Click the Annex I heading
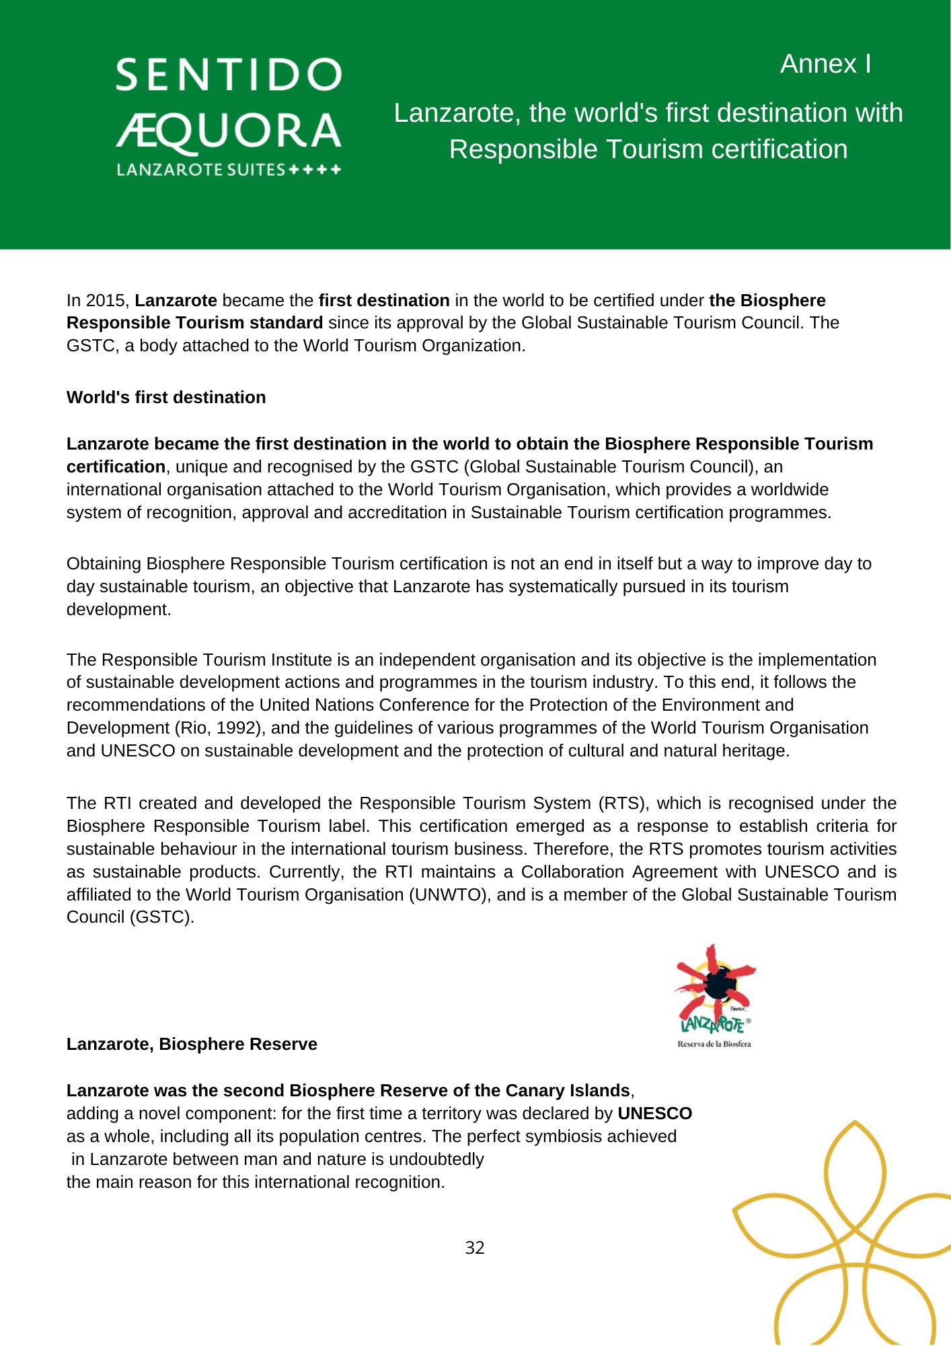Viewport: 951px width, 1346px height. click(x=825, y=64)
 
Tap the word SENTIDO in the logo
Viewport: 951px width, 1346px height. click(x=229, y=75)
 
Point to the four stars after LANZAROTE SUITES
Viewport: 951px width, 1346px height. click(x=315, y=170)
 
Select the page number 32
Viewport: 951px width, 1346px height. click(x=475, y=1248)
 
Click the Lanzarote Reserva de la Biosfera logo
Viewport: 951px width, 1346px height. click(x=714, y=996)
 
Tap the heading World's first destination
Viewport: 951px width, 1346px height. click(x=166, y=398)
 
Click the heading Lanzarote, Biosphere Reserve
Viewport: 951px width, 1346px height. click(x=192, y=1044)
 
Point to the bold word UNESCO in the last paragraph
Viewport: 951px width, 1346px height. click(x=654, y=1114)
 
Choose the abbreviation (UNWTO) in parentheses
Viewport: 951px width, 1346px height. click(x=449, y=895)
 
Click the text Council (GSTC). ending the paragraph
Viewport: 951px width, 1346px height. click(x=130, y=917)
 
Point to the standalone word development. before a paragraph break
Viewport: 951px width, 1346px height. click(x=119, y=610)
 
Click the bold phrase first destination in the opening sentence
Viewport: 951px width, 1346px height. click(x=384, y=300)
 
